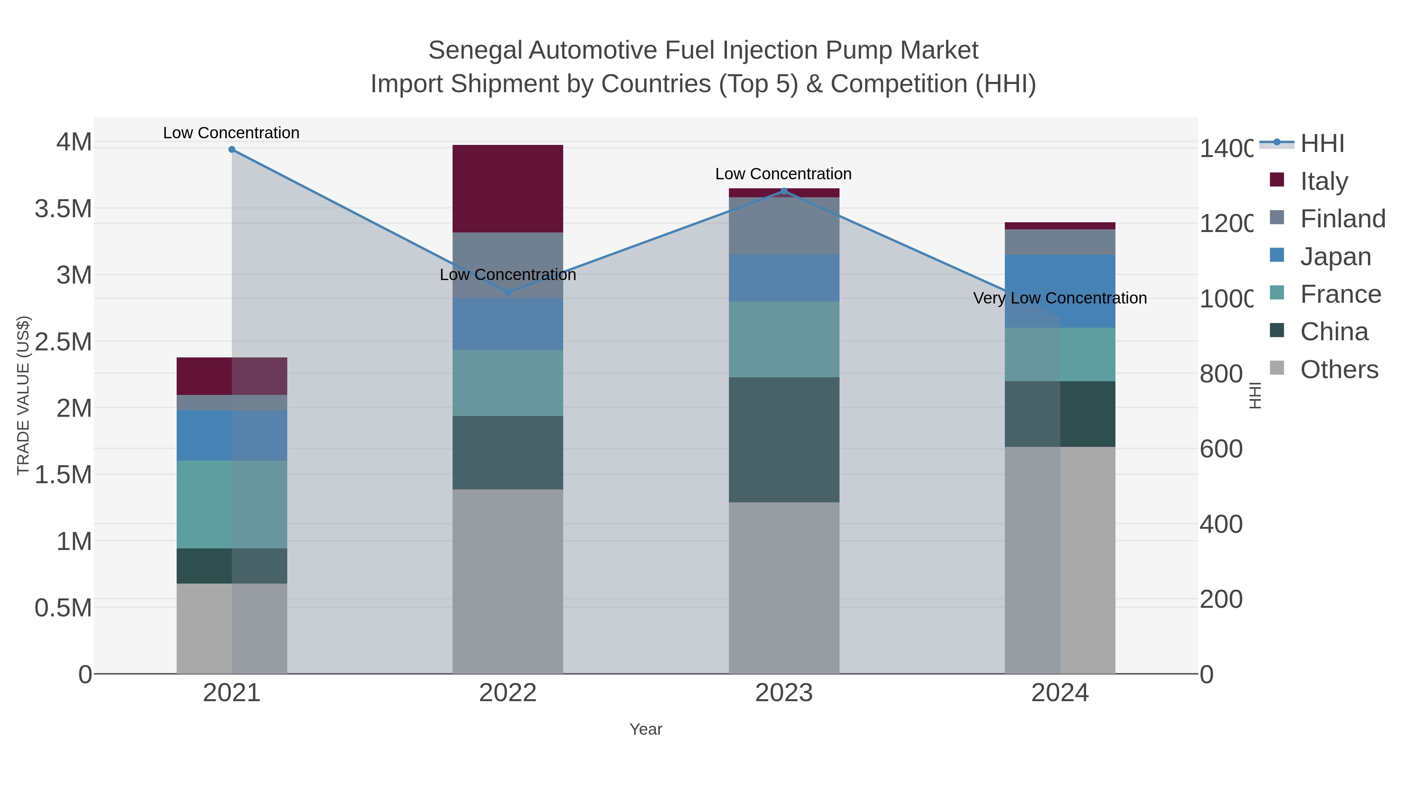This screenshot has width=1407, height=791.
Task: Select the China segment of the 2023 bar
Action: tap(784, 439)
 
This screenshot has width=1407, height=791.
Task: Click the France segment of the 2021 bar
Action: tap(232, 504)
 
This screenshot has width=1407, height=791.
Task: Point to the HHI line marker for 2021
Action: tap(232, 150)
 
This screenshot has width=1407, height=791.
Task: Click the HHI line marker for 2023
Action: tap(784, 191)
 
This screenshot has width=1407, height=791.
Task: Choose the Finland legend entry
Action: tap(1343, 219)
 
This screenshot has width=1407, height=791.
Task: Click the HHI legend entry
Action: tap(1322, 144)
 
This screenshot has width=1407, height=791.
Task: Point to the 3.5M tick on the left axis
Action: tap(63, 209)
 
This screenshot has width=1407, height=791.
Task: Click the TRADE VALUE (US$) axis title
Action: tap(23, 395)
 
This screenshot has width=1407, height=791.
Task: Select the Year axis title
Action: tap(646, 729)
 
